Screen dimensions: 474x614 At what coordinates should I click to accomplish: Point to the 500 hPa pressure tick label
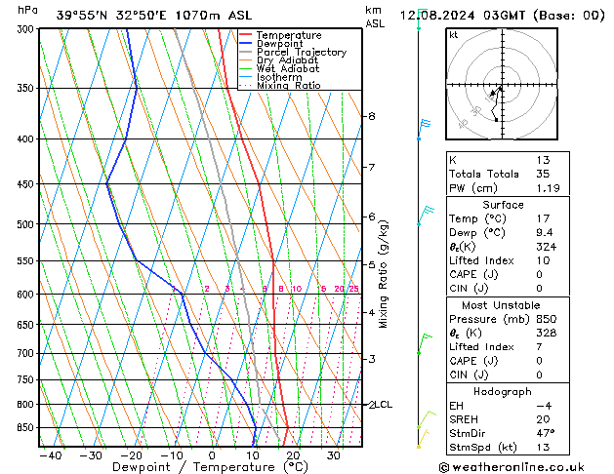coord(21,224)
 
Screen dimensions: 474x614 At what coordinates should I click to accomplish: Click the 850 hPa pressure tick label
coord(21,428)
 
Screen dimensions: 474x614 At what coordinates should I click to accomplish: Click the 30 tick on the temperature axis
coord(334,455)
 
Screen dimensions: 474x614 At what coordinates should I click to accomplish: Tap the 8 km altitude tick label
coord(371,116)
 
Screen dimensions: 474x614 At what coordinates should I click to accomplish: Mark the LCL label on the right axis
coord(384,404)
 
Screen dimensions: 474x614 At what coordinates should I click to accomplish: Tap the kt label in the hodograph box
coord(453,35)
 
